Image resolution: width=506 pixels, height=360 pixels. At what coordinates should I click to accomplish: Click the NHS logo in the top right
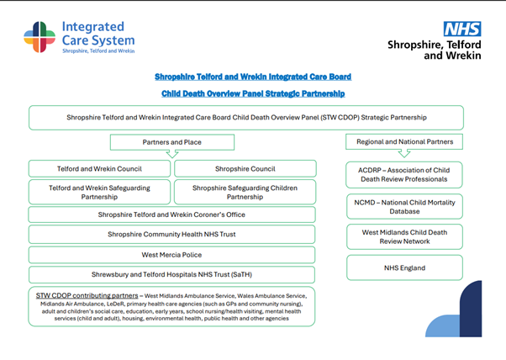click(x=462, y=29)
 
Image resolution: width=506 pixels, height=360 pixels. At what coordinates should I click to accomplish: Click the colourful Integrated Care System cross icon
click(x=40, y=36)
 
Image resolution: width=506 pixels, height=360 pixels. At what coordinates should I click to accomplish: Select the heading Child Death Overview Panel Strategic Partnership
click(x=253, y=93)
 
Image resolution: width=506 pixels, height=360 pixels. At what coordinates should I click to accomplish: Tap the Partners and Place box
click(x=172, y=142)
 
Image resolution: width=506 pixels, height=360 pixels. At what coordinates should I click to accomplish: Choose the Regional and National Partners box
click(x=404, y=142)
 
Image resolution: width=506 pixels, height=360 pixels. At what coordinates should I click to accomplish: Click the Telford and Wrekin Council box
click(x=99, y=169)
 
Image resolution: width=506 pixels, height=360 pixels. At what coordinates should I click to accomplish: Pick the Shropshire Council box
click(x=245, y=169)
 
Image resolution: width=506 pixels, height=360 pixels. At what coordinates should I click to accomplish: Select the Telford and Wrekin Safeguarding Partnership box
click(x=99, y=193)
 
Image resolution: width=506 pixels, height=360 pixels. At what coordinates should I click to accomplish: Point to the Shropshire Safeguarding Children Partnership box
click(x=245, y=193)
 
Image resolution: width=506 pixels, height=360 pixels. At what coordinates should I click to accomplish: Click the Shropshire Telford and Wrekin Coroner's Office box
click(x=172, y=214)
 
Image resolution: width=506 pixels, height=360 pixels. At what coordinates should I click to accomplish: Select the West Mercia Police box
click(x=172, y=254)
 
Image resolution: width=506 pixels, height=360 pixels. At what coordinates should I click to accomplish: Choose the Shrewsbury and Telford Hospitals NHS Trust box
click(x=172, y=274)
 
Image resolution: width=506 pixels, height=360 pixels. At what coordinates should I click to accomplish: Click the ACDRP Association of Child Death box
click(x=404, y=175)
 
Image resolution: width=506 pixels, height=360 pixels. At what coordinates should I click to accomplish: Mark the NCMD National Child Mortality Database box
click(x=404, y=206)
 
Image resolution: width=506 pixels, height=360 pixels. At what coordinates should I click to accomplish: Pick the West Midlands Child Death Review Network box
click(x=404, y=236)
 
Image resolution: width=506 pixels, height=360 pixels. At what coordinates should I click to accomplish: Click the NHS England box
click(x=404, y=268)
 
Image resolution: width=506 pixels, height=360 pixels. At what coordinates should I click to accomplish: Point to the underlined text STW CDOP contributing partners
click(x=87, y=296)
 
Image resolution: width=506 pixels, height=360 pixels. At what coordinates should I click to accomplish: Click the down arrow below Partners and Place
click(x=172, y=154)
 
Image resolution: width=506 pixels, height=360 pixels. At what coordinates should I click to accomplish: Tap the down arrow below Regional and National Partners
click(x=404, y=154)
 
